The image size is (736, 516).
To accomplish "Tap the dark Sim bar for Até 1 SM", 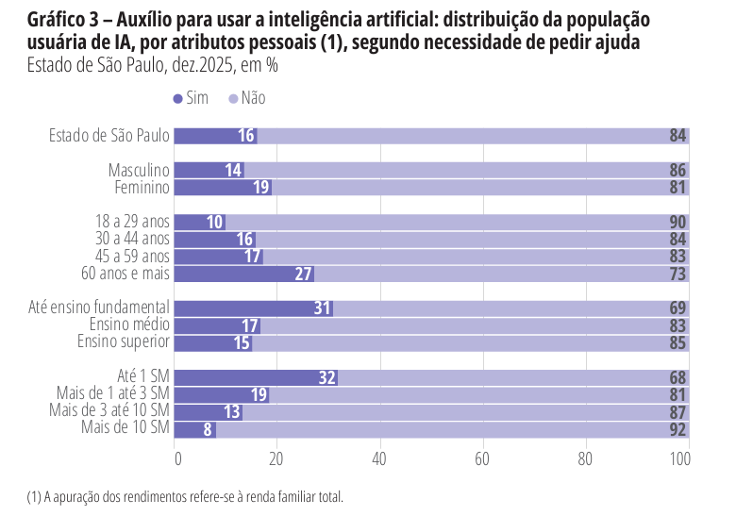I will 255,377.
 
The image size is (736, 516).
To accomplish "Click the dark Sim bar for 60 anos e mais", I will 243,274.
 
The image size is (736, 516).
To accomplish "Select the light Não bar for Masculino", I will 462,171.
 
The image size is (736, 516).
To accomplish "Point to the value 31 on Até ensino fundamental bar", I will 322,308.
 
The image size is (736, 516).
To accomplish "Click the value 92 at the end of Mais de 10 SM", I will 677,429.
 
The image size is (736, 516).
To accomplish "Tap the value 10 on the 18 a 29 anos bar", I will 214,223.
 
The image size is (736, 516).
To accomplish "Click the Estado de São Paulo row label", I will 109,136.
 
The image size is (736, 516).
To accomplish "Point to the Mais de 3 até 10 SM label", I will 109,411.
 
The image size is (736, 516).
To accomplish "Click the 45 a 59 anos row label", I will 132,257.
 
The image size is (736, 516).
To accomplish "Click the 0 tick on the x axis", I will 177,459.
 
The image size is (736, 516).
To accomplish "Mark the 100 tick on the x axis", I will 679,459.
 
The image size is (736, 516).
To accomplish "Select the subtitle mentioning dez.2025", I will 152,66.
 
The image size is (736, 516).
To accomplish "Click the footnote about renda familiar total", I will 185,496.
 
